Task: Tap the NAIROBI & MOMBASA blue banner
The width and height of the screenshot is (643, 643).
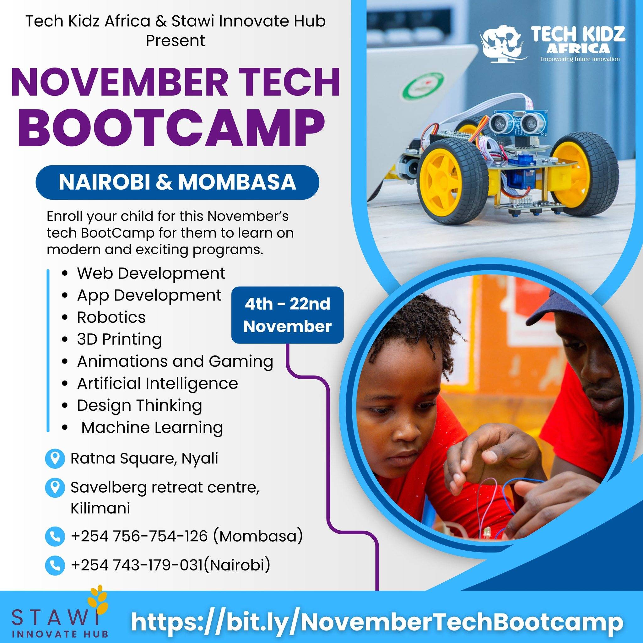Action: [x=177, y=182]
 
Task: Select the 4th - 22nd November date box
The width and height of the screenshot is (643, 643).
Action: [x=288, y=315]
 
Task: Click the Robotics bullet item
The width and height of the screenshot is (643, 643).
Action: [x=111, y=317]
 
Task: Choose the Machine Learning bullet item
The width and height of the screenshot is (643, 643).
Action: [x=152, y=427]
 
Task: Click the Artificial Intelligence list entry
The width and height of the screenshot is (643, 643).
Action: [x=157, y=383]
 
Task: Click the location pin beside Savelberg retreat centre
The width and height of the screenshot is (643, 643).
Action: [x=55, y=488]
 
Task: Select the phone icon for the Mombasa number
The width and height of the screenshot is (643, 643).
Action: [x=55, y=536]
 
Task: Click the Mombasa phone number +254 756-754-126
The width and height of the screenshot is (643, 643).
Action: [x=139, y=536]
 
